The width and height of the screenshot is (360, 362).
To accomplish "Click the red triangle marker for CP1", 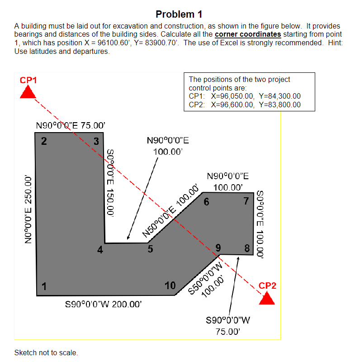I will tap(28, 92).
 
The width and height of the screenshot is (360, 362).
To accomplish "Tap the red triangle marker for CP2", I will tap(267, 299).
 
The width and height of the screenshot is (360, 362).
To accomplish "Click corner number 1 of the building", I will tap(37, 295).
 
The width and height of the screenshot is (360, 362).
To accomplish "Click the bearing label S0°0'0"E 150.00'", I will tap(110, 184).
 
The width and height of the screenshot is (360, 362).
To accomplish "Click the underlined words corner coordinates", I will tap(248, 34).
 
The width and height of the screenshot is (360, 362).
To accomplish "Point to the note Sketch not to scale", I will tap(46, 352).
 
